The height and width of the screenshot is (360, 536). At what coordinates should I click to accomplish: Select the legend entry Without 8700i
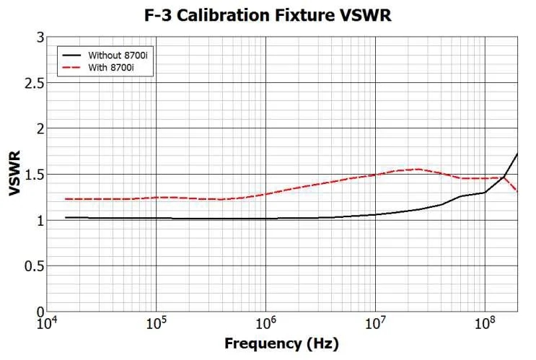point(116,55)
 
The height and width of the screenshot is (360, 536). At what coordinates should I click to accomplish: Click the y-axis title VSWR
point(15,173)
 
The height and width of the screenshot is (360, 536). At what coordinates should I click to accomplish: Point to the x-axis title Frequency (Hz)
point(281,343)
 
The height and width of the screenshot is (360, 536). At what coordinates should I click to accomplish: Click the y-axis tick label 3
point(40,37)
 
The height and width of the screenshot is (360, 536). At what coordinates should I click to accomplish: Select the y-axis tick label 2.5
point(35,83)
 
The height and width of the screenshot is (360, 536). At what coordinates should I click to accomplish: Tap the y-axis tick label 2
point(40,128)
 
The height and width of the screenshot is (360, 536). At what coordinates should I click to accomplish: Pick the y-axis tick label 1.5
point(35,175)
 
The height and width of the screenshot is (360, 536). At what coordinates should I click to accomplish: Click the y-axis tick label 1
point(40,220)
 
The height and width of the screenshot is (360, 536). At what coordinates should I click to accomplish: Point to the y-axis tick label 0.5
point(35,266)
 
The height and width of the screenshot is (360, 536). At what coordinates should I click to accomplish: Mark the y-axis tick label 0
point(40,312)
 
